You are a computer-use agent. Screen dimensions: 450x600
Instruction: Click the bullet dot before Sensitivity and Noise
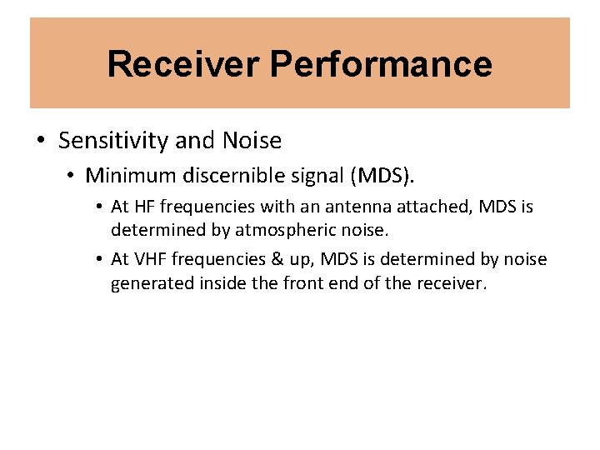click(40, 141)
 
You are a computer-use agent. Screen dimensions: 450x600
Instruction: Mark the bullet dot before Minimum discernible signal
click(72, 176)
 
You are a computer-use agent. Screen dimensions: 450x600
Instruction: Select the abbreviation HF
click(142, 206)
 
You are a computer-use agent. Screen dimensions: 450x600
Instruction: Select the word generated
click(152, 282)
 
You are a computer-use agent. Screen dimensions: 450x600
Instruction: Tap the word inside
click(222, 282)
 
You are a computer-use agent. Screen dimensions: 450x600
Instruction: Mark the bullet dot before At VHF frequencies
click(99, 259)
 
